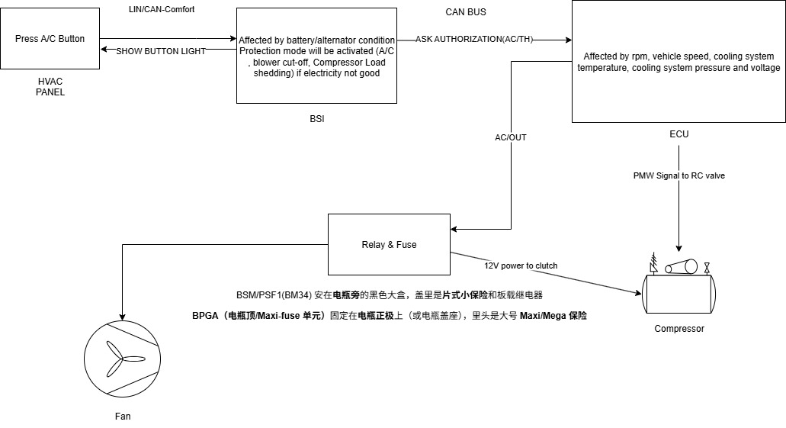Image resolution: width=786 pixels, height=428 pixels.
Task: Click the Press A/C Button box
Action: click(50, 39)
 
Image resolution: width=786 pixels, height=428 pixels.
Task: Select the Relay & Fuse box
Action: click(389, 244)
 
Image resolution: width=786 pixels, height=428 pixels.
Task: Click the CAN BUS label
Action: click(465, 12)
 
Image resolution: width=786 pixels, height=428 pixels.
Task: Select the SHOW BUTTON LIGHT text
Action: click(161, 50)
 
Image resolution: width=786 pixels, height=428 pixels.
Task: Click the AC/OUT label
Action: click(511, 137)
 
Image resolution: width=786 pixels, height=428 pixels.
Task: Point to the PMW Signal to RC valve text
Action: click(679, 175)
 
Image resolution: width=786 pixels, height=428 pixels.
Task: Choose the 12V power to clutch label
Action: click(521, 265)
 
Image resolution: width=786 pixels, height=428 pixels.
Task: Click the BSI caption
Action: click(316, 118)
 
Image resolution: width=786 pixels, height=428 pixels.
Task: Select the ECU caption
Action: click(679, 134)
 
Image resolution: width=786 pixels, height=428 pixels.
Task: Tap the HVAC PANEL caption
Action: click(50, 86)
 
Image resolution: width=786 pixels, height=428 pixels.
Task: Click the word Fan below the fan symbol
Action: click(123, 417)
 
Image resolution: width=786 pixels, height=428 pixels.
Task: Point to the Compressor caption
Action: click(679, 329)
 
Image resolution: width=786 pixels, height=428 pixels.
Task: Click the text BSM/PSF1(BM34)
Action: click(274, 294)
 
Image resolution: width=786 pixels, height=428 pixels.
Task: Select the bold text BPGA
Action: click(204, 316)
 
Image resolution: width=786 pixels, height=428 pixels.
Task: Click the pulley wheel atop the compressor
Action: click(681, 267)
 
